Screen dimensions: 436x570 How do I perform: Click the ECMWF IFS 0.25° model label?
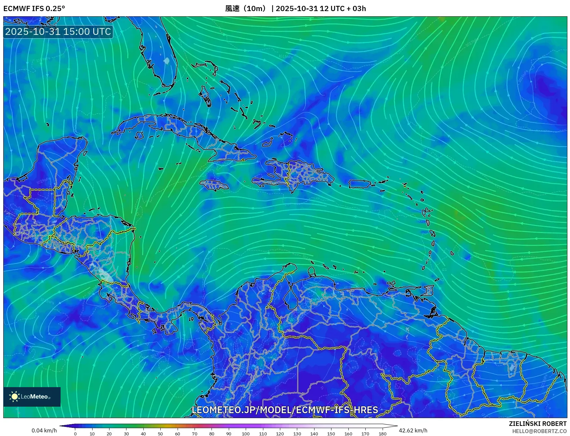34,8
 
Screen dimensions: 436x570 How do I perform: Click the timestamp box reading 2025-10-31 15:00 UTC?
58,32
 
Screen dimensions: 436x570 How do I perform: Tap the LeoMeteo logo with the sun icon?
32,397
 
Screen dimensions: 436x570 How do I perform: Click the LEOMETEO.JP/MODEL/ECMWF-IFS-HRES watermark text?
285,410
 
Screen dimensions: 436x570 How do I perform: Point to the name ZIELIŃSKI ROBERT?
537,424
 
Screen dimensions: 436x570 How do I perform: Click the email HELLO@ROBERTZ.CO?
539,431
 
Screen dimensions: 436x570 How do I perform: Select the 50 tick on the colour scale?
160,433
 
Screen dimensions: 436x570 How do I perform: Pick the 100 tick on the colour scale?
245,433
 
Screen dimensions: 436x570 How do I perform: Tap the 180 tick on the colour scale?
382,433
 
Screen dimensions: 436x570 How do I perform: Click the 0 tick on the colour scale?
75,433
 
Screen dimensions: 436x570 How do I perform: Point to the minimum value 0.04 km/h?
44,430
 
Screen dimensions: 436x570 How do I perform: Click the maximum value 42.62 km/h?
413,430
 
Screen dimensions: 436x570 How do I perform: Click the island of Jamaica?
214,185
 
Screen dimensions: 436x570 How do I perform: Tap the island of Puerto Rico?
360,184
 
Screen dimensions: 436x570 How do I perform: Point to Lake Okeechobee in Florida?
167,61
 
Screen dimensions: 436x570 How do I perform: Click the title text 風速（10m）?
246,8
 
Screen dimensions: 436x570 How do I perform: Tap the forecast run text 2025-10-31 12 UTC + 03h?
321,8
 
